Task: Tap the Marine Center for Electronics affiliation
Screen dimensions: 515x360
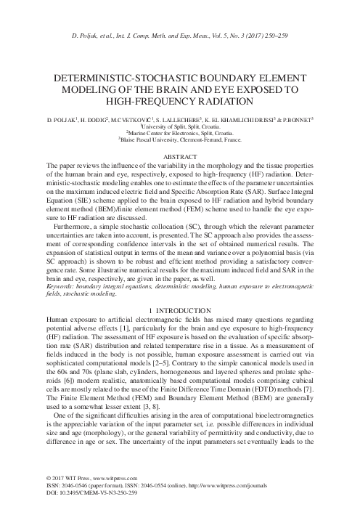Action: click(x=179, y=134)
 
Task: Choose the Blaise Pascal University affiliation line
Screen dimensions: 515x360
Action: click(x=179, y=141)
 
